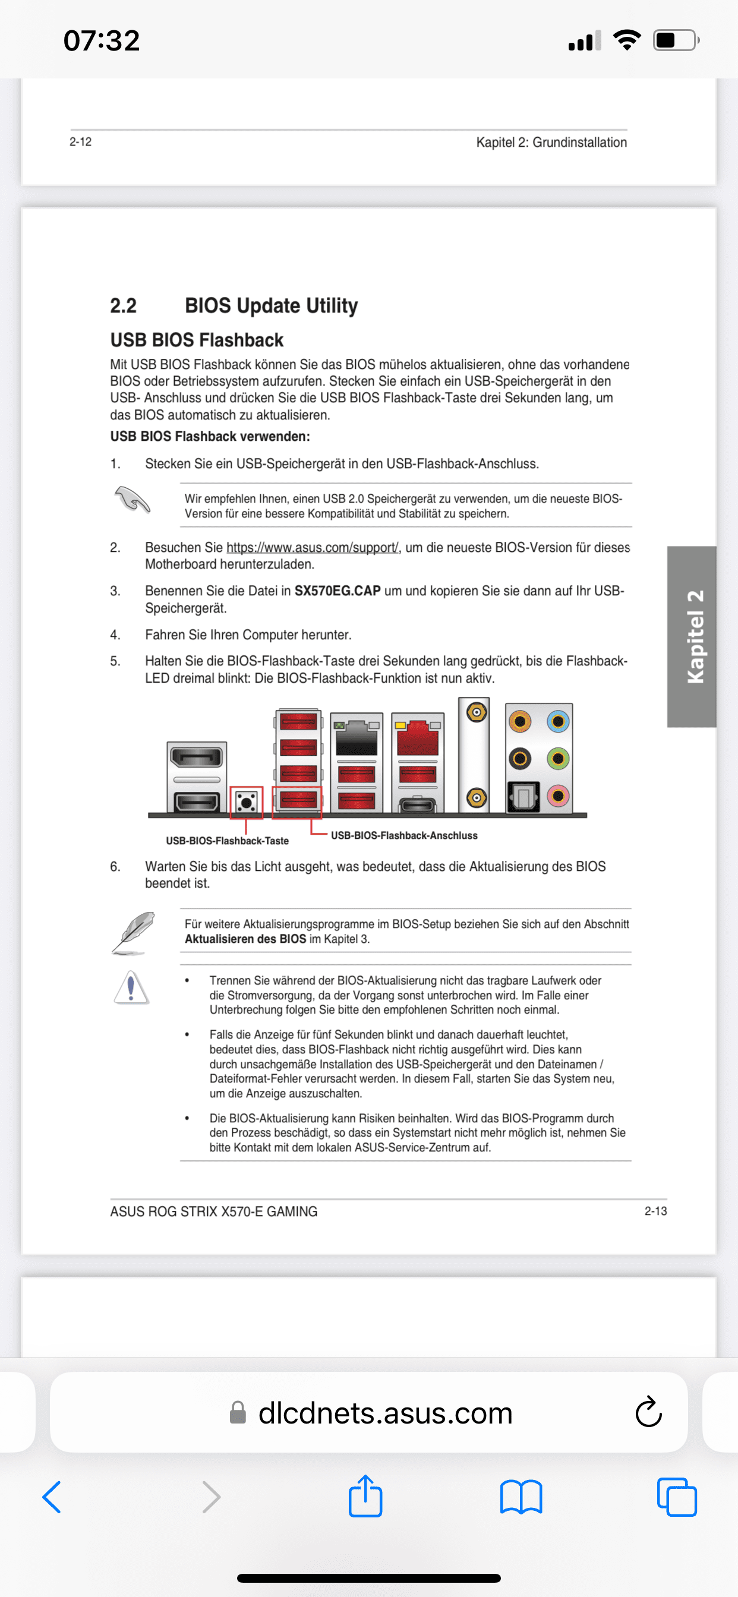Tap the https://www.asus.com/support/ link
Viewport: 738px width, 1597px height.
[x=312, y=547]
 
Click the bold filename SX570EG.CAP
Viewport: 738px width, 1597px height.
[x=338, y=591]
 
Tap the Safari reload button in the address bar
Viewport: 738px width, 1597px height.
[x=648, y=1412]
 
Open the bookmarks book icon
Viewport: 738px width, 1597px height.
[x=521, y=1497]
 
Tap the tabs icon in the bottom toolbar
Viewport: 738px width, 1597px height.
[x=677, y=1497]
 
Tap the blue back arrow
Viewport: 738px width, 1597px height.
[x=52, y=1497]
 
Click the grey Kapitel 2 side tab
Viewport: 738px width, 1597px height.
[x=692, y=636]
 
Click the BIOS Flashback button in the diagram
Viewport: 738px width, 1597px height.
[x=246, y=803]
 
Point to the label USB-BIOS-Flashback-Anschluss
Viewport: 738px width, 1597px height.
[x=403, y=836]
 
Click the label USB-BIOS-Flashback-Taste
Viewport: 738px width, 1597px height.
[x=227, y=841]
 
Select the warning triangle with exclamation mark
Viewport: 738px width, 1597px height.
[x=131, y=987]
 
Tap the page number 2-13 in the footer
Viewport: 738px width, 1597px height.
[x=655, y=1211]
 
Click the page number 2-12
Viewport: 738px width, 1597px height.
[x=81, y=142]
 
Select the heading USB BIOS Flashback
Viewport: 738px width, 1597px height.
[x=197, y=340]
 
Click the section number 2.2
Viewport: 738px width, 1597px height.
[x=124, y=305]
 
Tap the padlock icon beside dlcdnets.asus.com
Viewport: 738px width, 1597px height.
[x=238, y=1413]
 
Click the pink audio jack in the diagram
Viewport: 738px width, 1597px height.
[x=557, y=796]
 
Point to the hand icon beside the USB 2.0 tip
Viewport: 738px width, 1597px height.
[x=132, y=499]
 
